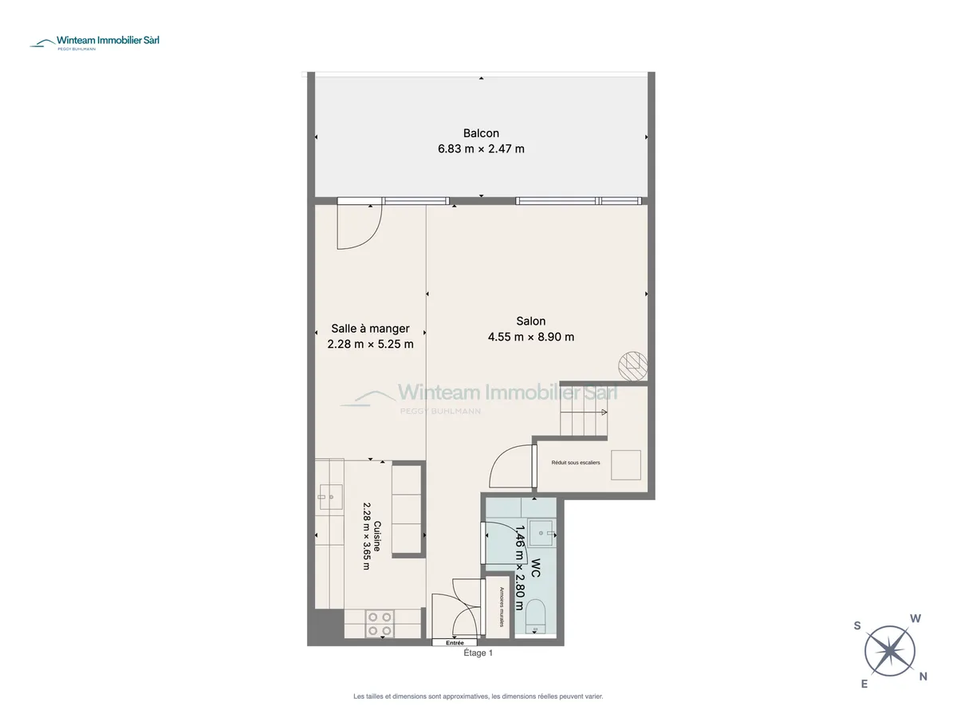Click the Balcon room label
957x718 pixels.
(x=481, y=133)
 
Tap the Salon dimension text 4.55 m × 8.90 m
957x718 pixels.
(x=530, y=337)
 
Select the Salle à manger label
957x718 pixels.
(x=370, y=328)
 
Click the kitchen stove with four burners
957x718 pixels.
(x=380, y=624)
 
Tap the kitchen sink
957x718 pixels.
(x=331, y=497)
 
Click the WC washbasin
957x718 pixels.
(x=541, y=533)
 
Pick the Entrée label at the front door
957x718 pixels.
(x=455, y=642)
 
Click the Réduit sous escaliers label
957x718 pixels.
(x=576, y=463)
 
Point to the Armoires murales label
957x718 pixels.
(x=502, y=607)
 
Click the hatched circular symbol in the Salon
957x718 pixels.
(x=633, y=366)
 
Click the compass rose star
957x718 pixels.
(x=889, y=651)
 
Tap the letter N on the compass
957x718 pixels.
(x=923, y=677)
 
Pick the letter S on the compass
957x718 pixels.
(x=857, y=626)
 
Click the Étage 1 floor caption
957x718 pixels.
(x=478, y=653)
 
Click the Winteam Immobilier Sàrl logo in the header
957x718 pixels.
(x=95, y=41)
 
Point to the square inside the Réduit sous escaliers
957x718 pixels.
(x=626, y=465)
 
